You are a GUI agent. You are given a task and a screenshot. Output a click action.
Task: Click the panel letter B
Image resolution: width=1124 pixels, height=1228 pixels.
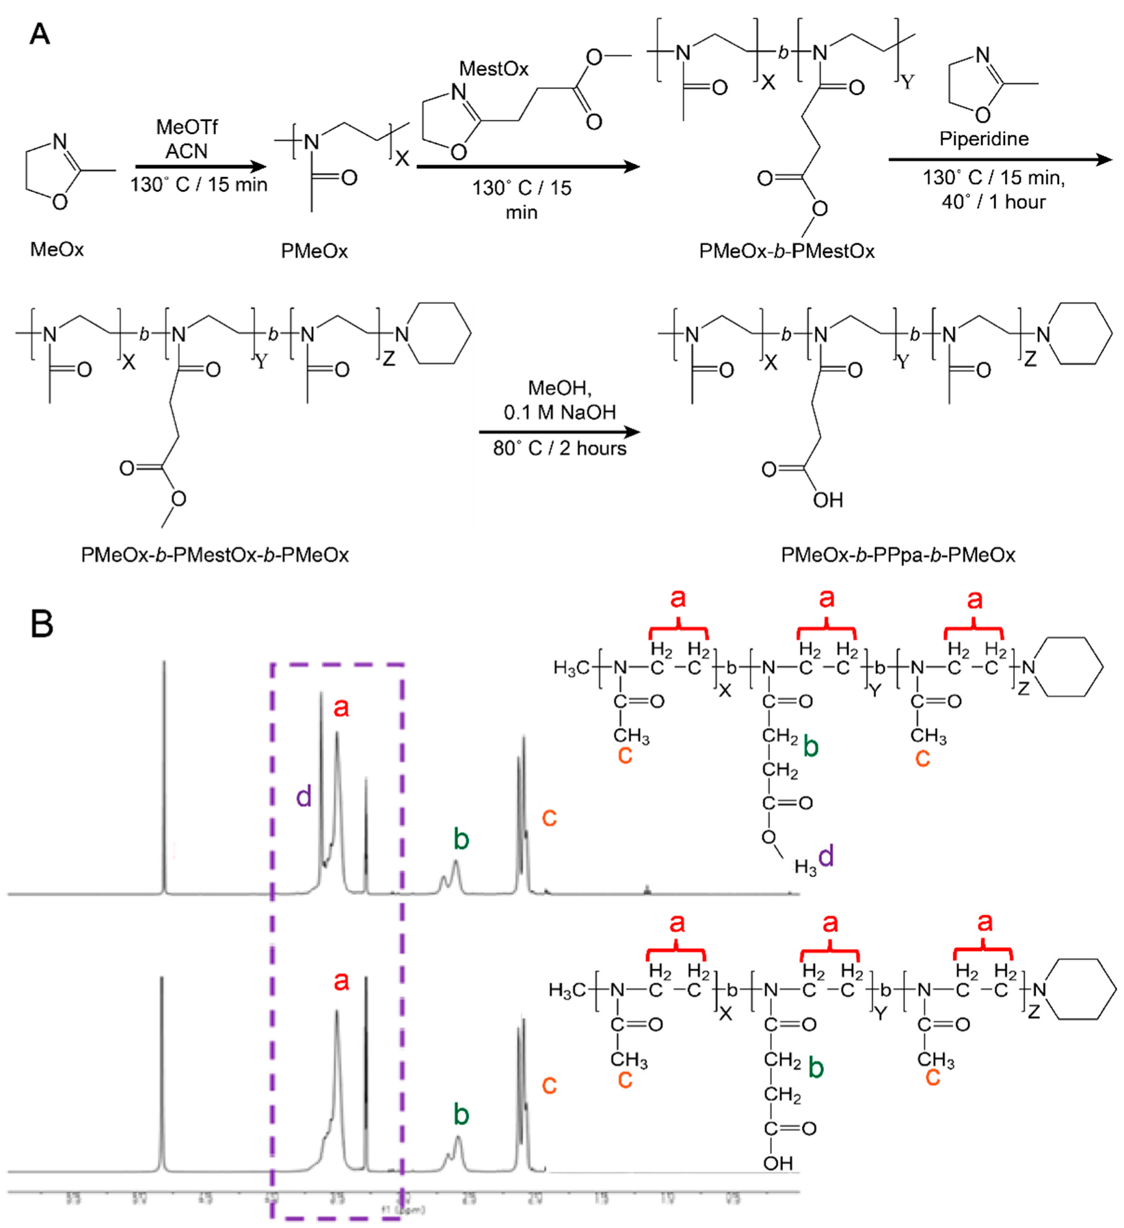click(x=42, y=624)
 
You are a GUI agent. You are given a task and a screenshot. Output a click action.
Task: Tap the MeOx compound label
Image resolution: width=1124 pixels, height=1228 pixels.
click(x=57, y=250)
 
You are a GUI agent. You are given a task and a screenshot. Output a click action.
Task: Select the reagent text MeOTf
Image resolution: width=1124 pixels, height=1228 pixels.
click(x=187, y=127)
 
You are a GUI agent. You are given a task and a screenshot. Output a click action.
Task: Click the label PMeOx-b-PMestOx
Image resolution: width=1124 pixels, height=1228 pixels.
click(x=786, y=252)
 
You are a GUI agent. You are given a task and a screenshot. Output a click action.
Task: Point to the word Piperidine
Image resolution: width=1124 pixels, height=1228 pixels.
click(x=983, y=139)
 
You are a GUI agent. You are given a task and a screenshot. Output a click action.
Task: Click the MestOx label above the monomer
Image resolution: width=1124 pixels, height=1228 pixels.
click(x=494, y=69)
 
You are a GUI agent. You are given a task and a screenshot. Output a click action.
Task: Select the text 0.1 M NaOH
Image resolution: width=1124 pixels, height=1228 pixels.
click(x=559, y=412)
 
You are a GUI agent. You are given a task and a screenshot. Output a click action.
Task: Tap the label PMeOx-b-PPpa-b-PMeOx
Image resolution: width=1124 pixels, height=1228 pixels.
click(x=898, y=555)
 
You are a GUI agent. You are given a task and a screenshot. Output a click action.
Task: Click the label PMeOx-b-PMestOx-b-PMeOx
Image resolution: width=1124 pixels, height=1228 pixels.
click(x=215, y=555)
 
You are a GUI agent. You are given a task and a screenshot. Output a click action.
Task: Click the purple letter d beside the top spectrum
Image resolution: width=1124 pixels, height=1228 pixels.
click(x=304, y=797)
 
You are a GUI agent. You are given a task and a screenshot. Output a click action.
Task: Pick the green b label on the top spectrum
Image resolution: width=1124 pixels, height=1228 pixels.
click(x=461, y=838)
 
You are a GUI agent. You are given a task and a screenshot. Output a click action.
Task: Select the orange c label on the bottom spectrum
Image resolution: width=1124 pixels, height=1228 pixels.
click(x=549, y=1084)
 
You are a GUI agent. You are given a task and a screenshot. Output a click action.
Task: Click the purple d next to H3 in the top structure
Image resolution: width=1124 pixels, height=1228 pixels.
click(x=826, y=856)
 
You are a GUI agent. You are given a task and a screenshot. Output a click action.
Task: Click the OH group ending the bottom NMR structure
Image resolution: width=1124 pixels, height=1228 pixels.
click(x=778, y=1163)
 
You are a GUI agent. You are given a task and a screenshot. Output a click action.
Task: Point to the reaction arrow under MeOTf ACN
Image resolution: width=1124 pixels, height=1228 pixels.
click(x=200, y=166)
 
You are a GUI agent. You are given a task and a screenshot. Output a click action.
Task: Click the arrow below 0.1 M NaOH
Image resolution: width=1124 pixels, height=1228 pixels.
click(x=559, y=431)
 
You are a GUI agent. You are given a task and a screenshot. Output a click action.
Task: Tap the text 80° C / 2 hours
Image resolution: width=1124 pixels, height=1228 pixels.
click(x=559, y=449)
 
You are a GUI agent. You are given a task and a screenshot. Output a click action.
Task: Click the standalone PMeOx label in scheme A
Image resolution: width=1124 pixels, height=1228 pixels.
click(x=314, y=252)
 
